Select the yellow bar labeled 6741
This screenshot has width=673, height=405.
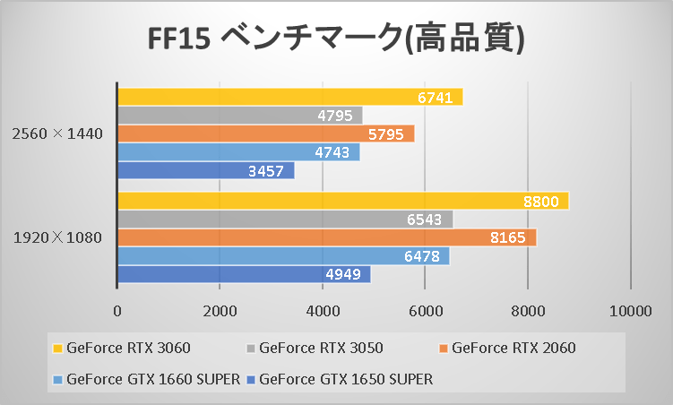pos(289,97)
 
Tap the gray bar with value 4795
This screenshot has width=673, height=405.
pos(239,116)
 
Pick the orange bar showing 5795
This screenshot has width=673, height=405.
pos(265,134)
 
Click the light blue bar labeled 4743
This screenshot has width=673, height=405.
pos(238,152)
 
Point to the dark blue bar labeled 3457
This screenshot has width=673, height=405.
pos(205,170)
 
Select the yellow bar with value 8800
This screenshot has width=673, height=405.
pos(342,202)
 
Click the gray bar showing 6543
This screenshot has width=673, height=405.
pos(285,220)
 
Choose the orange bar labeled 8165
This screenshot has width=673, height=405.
pos(326,237)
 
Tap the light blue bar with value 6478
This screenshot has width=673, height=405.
pos(283,256)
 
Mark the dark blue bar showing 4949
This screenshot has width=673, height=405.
pos(244,274)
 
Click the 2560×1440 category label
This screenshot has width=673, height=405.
pos(57,134)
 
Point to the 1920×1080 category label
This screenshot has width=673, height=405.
pos(57,238)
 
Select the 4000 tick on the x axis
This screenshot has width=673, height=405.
pos(323,311)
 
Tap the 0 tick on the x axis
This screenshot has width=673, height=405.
pos(117,311)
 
